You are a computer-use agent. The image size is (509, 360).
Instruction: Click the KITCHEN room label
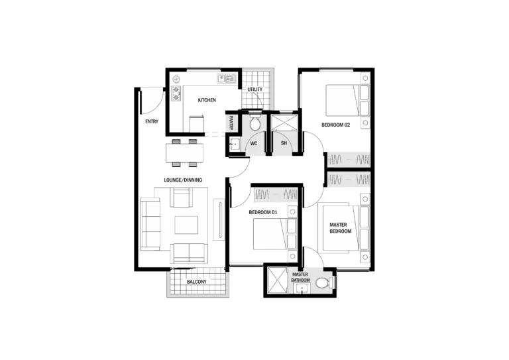pyautogui.click(x=207, y=100)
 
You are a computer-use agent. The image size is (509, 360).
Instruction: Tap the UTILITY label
pyautogui.click(x=254, y=90)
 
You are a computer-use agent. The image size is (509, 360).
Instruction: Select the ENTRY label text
pyautogui.click(x=152, y=121)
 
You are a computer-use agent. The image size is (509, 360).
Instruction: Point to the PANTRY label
pyautogui.click(x=231, y=123)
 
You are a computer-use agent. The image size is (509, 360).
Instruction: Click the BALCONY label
pyautogui.click(x=196, y=282)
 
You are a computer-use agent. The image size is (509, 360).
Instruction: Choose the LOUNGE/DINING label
pyautogui.click(x=183, y=180)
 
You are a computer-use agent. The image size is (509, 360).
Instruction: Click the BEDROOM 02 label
pyautogui.click(x=335, y=125)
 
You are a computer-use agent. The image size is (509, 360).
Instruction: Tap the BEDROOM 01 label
pyautogui.click(x=263, y=212)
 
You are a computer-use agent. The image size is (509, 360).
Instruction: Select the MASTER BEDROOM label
pyautogui.click(x=340, y=228)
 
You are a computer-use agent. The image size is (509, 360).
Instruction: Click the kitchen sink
pyautogui.click(x=226, y=78)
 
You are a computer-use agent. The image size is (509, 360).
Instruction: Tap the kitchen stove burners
pyautogui.click(x=176, y=93)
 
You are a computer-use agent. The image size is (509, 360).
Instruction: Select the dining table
pyautogui.click(x=184, y=153)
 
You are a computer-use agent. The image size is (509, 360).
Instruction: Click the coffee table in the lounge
pyautogui.click(x=186, y=225)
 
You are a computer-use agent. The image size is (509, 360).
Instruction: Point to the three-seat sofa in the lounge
pyautogui.click(x=150, y=225)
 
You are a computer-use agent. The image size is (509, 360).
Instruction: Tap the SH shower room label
pyautogui.click(x=284, y=143)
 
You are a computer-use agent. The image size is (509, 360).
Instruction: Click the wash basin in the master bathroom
pyautogui.click(x=302, y=288)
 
